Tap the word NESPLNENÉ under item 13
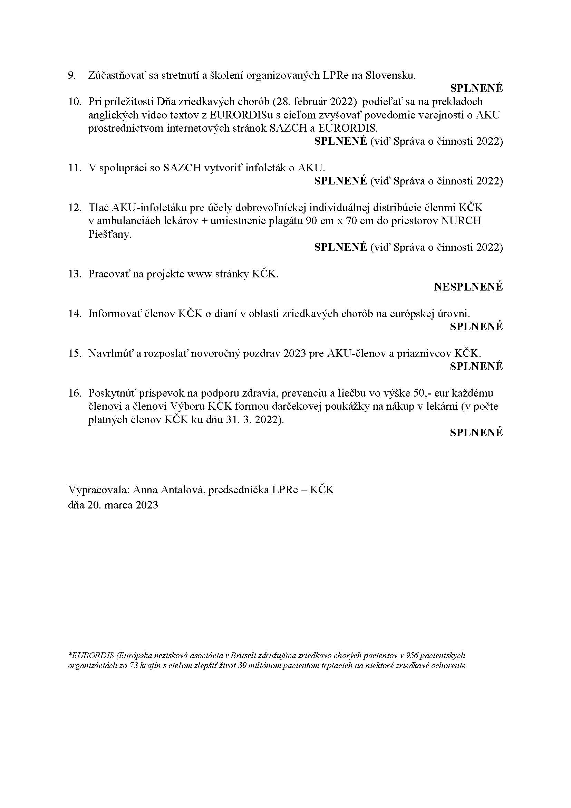468,287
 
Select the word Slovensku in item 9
391,75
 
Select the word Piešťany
110,234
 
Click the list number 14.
75,314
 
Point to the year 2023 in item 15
294,353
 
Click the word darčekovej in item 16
296,407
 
